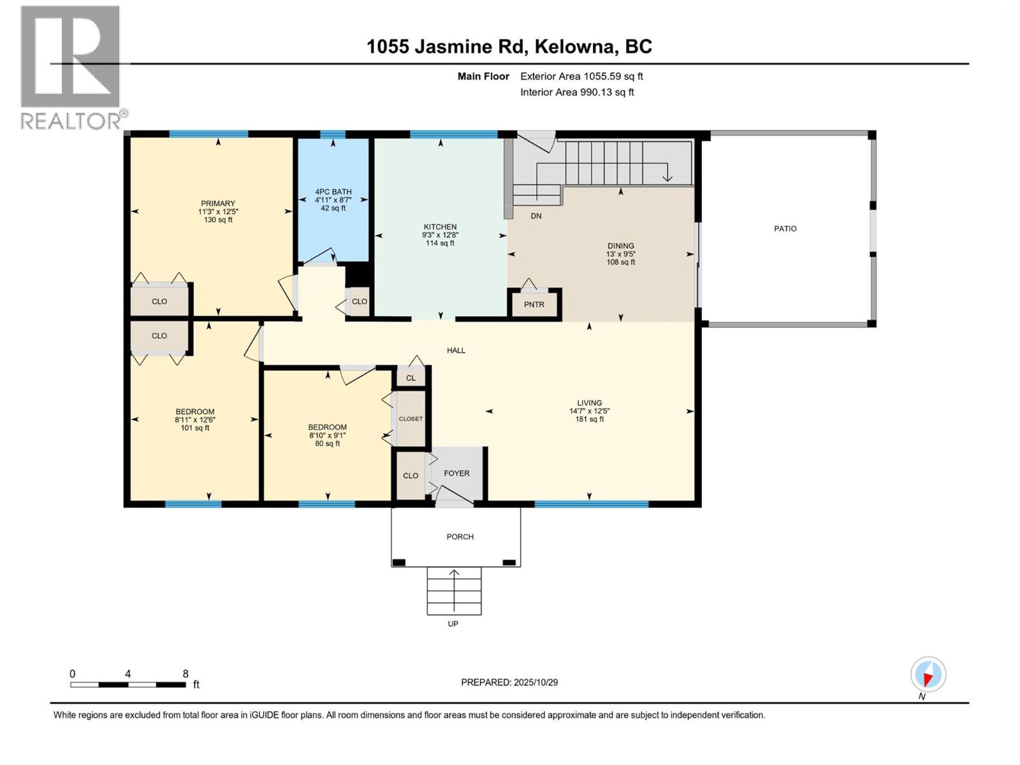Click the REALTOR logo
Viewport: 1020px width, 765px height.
tap(70, 67)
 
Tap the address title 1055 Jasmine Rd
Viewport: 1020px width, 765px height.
tap(509, 47)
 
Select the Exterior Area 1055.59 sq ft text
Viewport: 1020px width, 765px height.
tap(581, 76)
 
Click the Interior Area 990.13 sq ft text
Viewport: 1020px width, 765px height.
tap(577, 92)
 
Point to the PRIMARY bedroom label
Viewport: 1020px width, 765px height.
tap(218, 204)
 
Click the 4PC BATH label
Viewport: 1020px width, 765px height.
tap(333, 192)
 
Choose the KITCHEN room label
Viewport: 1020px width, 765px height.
tap(440, 227)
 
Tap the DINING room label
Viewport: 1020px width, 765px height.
tap(620, 246)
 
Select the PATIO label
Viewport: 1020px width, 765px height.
tap(785, 229)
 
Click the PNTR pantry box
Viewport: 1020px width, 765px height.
tap(534, 305)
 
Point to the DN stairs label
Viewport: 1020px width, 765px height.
tap(536, 216)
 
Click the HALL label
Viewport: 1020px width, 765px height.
tap(456, 351)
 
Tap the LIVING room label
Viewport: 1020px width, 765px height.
tap(589, 403)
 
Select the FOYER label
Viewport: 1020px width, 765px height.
tap(456, 474)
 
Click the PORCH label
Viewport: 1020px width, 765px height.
tap(460, 537)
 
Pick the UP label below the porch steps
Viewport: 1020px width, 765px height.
tap(453, 624)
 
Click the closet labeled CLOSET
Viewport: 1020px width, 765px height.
tap(411, 419)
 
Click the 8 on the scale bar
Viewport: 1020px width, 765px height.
tap(186, 674)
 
